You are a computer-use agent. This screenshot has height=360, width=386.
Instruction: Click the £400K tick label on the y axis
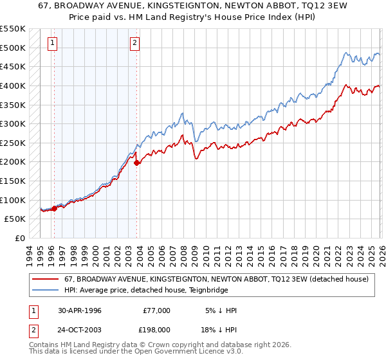point(13,85)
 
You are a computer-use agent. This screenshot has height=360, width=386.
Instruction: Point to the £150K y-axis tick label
point(13,181)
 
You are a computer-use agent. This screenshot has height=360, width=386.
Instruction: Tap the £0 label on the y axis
point(19,239)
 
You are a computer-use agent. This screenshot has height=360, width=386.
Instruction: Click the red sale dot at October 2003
point(137,163)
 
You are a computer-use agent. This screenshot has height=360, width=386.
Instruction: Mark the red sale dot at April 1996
point(54,208)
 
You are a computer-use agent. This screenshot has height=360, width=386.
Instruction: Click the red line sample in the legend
point(45,279)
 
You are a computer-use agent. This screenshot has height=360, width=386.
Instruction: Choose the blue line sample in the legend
point(45,290)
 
